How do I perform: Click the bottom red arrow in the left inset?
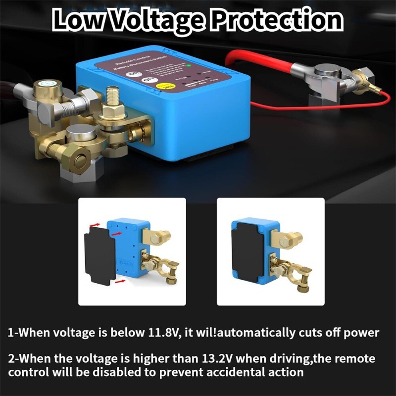pyautogui.click(x=119, y=281)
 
